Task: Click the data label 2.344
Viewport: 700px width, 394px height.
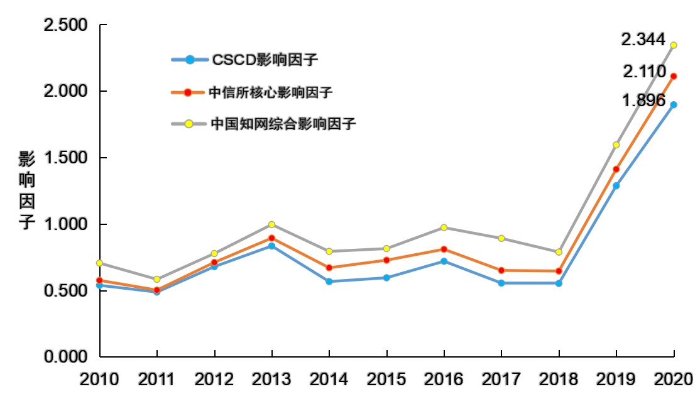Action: [x=642, y=40]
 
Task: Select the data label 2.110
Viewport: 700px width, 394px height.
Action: [x=644, y=72]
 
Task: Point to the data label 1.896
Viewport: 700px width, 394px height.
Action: [x=643, y=100]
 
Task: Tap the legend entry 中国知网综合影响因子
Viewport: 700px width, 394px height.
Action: [x=283, y=124]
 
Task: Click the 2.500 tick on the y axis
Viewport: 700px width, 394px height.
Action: [x=66, y=26]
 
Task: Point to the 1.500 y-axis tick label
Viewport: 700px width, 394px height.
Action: [x=66, y=158]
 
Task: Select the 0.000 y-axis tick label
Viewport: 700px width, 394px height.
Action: [x=66, y=357]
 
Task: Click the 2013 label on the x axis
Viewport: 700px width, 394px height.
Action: [x=271, y=379]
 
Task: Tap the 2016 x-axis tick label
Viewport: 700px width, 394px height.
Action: [x=444, y=379]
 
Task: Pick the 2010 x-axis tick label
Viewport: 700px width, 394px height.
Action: [x=100, y=379]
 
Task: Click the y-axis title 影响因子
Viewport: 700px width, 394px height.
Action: [x=26, y=190]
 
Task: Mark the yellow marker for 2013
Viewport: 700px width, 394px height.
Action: [x=271, y=224]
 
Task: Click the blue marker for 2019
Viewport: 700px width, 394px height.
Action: [x=616, y=186]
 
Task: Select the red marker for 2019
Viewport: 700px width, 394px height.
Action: [x=616, y=170]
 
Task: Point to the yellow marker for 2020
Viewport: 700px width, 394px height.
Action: [x=674, y=45]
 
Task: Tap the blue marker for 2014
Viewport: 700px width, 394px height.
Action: [x=329, y=282]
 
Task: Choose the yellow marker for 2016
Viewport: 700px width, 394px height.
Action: [x=444, y=227]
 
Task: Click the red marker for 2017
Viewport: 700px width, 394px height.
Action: [x=501, y=270]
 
